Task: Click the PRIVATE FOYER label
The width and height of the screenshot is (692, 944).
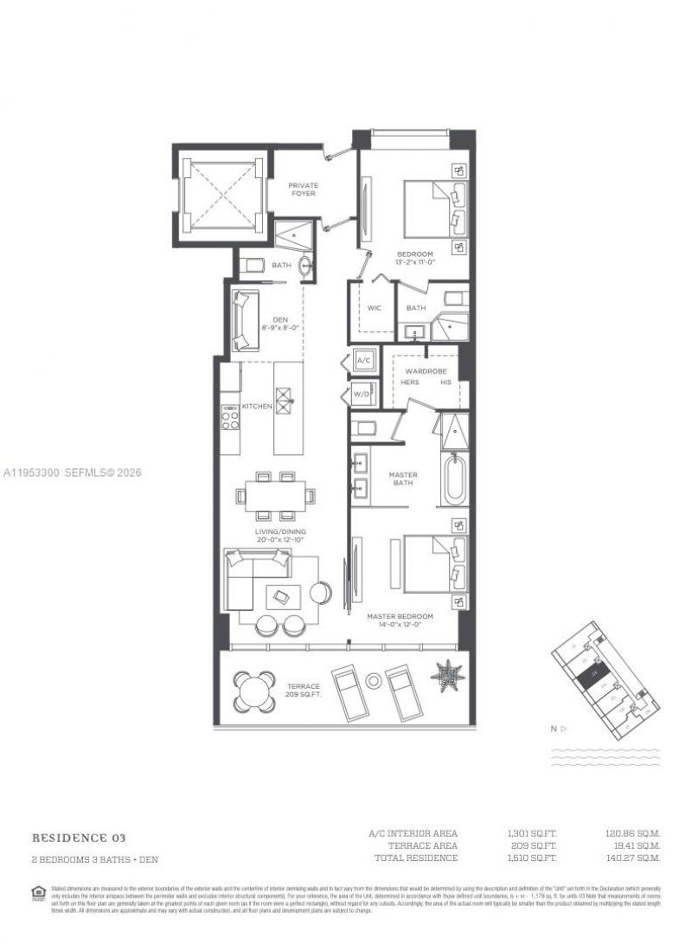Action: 303,189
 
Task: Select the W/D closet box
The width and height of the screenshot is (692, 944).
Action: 363,395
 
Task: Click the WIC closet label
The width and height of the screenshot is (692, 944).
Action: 375,307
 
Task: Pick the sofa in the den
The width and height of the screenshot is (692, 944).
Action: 243,321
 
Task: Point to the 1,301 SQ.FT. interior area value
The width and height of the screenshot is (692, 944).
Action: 527,834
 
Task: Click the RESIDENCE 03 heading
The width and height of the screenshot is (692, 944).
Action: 79,838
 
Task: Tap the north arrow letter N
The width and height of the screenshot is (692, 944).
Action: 554,729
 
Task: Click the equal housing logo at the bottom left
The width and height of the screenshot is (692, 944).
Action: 37,892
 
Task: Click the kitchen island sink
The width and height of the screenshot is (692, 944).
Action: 287,396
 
